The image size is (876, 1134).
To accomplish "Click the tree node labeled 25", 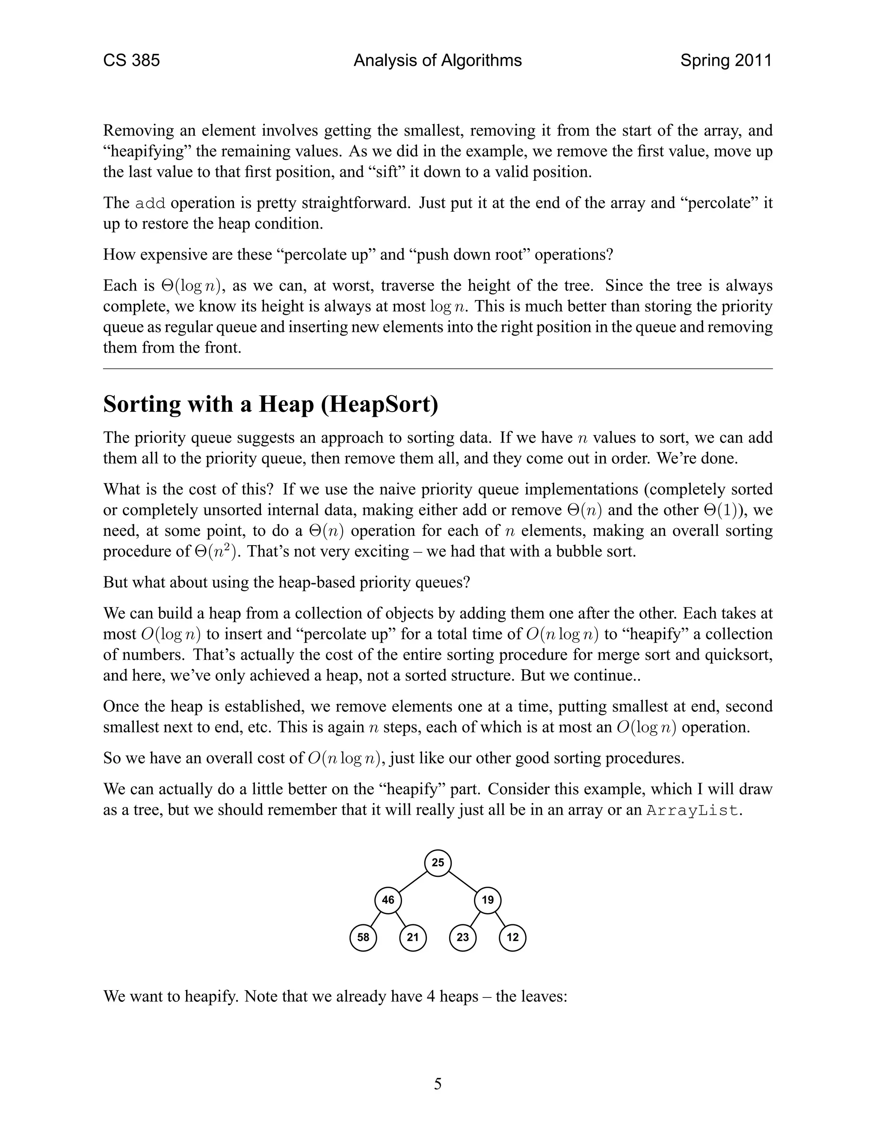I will pos(438,862).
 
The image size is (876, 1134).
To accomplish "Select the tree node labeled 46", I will pos(388,900).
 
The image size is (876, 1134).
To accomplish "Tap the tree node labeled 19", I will pos(487,900).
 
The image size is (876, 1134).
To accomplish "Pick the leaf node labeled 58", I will pos(363,937).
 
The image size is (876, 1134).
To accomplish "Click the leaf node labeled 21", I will pos(413,937).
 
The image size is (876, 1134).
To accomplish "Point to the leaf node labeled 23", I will pos(462,937).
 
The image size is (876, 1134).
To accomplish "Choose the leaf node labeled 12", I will pos(512,937).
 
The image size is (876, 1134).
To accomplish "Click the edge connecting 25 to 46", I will pos(413,881).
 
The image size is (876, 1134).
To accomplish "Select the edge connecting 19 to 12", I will pos(500,918).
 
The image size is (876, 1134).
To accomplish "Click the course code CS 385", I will pos(131,61).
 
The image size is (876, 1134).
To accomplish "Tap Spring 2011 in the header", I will pos(725,61).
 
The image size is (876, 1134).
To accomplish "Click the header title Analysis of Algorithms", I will pos(438,61).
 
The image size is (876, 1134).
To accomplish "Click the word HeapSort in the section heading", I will pos(379,404).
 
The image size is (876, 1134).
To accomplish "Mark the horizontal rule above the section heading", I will pos(438,368).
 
